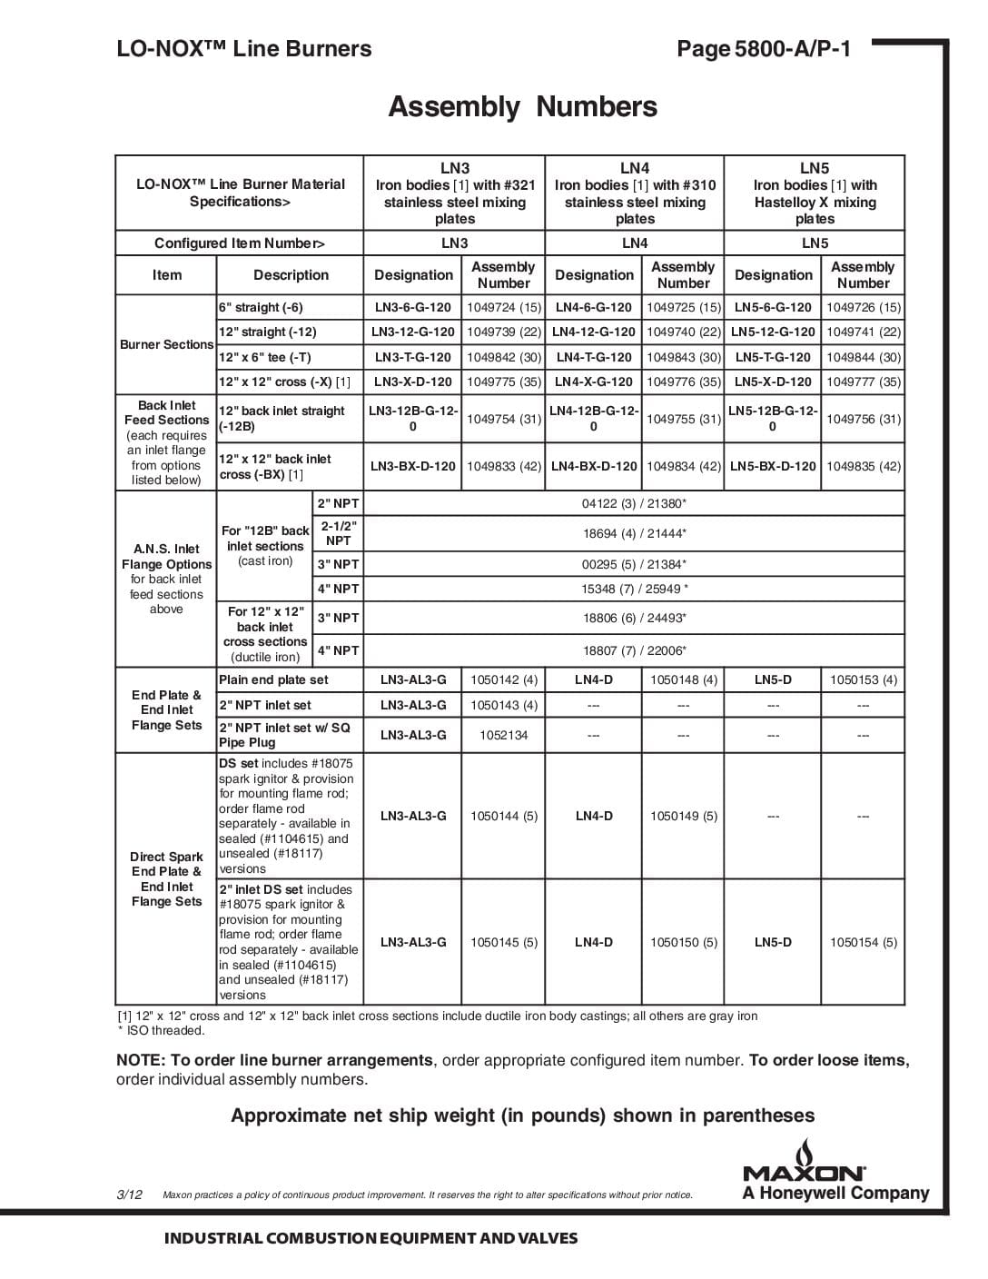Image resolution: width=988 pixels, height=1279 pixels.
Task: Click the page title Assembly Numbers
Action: click(522, 107)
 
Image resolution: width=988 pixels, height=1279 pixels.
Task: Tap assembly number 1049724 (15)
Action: click(503, 308)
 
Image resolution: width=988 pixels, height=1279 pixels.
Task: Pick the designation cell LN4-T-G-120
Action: click(594, 358)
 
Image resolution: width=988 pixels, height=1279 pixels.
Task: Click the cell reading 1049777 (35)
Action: click(863, 382)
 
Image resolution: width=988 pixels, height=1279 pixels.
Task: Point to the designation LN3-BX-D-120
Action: click(413, 467)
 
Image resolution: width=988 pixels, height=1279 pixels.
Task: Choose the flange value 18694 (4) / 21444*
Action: click(634, 534)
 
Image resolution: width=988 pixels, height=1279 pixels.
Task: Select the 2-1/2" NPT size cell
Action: click(338, 534)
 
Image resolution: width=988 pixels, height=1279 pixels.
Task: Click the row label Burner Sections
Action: click(166, 345)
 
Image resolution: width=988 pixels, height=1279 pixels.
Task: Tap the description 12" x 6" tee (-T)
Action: click(264, 358)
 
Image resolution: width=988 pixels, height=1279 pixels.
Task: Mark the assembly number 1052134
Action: click(503, 736)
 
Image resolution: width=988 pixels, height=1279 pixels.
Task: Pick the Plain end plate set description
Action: click(273, 680)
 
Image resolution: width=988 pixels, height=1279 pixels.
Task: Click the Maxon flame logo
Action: click(804, 1160)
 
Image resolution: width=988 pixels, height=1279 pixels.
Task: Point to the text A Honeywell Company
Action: click(835, 1195)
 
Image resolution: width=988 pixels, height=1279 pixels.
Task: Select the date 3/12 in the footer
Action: click(129, 1195)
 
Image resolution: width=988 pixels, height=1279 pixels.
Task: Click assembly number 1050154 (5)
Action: click(863, 943)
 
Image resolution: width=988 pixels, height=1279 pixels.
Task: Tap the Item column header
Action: click(166, 275)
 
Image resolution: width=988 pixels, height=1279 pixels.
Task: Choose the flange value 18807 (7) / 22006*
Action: click(634, 651)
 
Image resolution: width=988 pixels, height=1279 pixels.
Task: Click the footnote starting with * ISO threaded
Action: click(161, 1031)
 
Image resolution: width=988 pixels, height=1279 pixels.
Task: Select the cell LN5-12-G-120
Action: click(773, 332)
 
